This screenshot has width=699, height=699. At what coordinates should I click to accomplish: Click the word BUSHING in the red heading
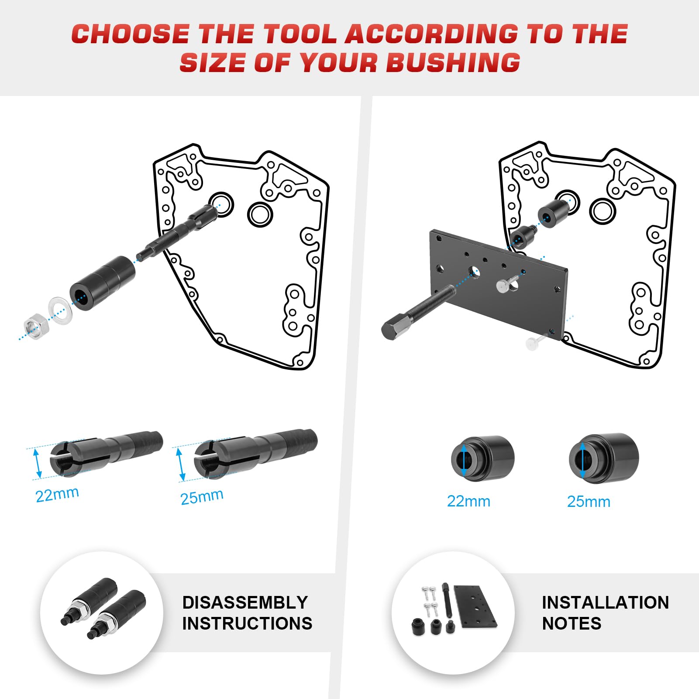(x=453, y=62)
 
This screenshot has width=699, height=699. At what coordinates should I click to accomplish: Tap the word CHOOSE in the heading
(x=130, y=34)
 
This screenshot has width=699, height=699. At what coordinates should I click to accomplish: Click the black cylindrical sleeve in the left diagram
(x=103, y=283)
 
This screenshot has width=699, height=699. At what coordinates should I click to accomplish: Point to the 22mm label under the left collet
(x=57, y=495)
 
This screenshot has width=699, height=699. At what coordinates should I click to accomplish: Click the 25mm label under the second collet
(x=202, y=496)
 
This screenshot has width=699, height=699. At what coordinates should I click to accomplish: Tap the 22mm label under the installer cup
(x=468, y=501)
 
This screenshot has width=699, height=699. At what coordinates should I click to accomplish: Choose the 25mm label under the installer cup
(x=589, y=502)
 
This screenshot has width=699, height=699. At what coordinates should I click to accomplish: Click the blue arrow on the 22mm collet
(x=38, y=464)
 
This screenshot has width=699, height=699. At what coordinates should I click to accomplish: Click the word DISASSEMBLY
(x=245, y=603)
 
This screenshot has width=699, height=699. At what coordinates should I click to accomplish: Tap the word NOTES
(x=572, y=623)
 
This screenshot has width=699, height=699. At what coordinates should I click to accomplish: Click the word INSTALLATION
(x=605, y=603)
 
